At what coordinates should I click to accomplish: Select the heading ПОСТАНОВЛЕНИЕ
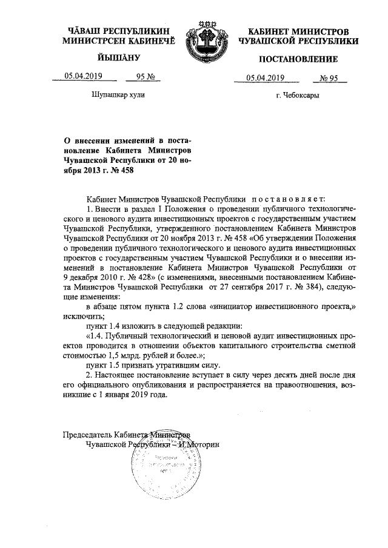298,59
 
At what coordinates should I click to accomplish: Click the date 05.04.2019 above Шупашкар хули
83,76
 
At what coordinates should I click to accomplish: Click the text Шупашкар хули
118,95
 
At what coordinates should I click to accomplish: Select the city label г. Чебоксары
297,96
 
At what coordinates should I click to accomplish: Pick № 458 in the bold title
118,170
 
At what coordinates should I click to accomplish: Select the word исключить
84,316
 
